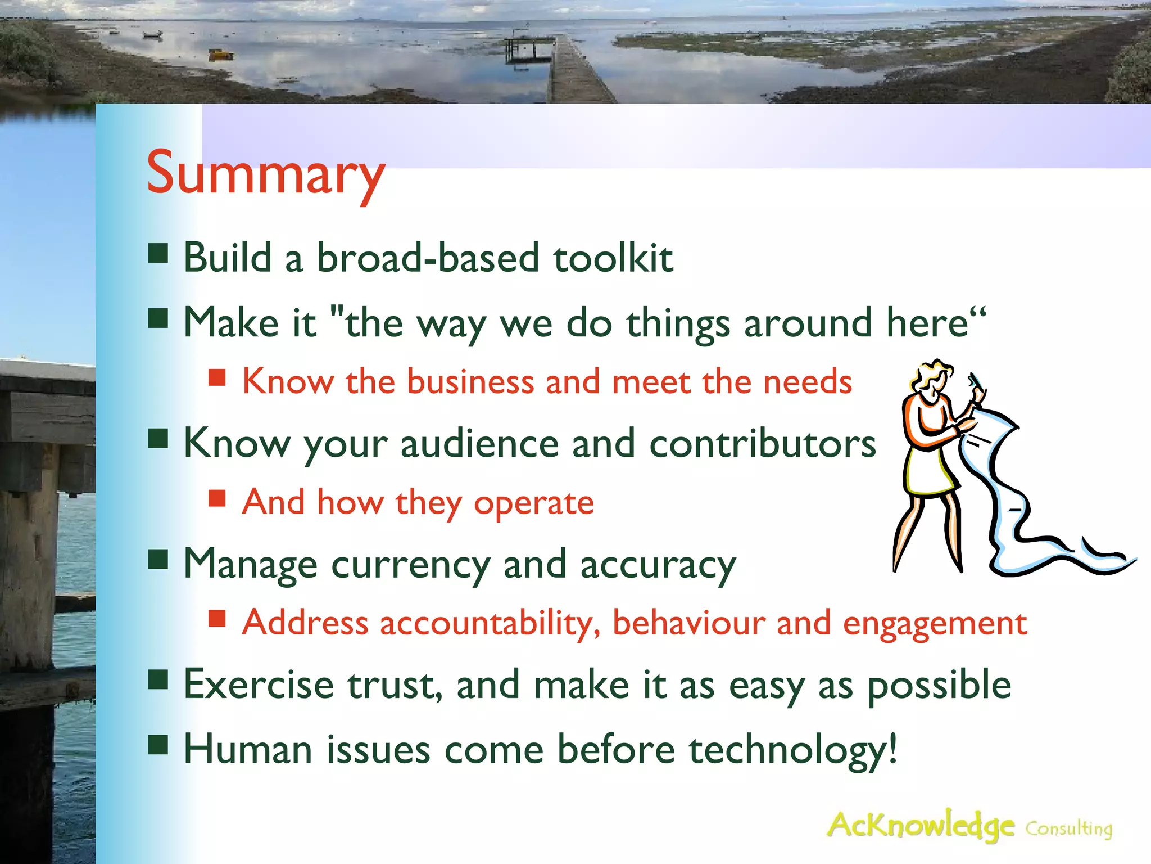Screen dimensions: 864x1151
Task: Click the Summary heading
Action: [265, 173]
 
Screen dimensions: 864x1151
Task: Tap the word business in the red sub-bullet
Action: [470, 382]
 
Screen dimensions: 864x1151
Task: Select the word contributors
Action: [762, 444]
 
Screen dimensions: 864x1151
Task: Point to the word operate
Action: [533, 503]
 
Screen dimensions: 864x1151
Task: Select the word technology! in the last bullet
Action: [792, 750]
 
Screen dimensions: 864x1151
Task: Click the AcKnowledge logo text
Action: [921, 826]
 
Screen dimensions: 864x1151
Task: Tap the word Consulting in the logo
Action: [1068, 829]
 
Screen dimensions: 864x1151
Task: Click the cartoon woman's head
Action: [932, 379]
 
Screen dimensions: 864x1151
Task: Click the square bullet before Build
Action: [158, 254]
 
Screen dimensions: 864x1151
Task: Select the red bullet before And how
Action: [217, 498]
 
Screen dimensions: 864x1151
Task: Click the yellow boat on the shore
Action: [221, 54]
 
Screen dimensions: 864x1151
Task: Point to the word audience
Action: [479, 444]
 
